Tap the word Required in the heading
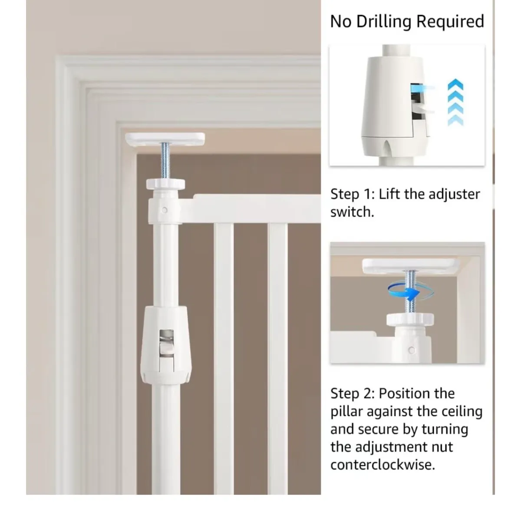[450, 21]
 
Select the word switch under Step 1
[352, 212]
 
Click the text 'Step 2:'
[353, 394]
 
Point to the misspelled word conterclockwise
[383, 465]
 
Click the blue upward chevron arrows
[455, 102]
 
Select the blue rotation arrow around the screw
[411, 293]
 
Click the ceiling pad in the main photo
[165, 139]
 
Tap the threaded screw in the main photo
[165, 160]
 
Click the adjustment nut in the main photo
[165, 184]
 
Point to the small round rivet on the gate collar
[164, 210]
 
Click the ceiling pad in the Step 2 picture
[411, 266]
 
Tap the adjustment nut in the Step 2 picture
[410, 319]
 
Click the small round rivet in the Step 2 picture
[412, 350]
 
